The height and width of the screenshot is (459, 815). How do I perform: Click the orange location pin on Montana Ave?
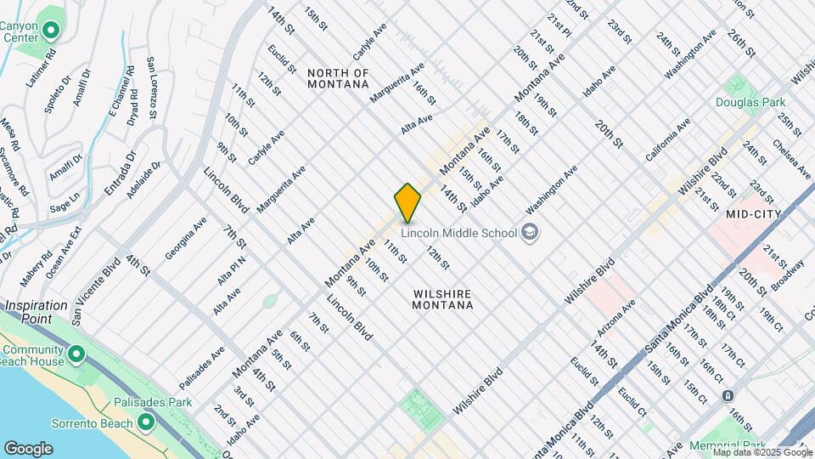click(407, 202)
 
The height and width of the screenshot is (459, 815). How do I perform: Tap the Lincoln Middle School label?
click(458, 233)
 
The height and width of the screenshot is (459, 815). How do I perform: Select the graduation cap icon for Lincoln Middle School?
click(530, 232)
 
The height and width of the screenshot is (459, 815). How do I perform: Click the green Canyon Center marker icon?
click(50, 33)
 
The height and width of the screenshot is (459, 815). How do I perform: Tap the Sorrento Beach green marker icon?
click(147, 422)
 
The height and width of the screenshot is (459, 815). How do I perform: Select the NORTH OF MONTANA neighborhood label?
click(338, 78)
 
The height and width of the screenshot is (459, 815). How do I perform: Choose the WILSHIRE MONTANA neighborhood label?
click(442, 298)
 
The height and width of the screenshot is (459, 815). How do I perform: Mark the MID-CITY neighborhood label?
click(753, 215)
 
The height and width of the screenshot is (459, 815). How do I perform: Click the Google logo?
click(28, 448)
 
